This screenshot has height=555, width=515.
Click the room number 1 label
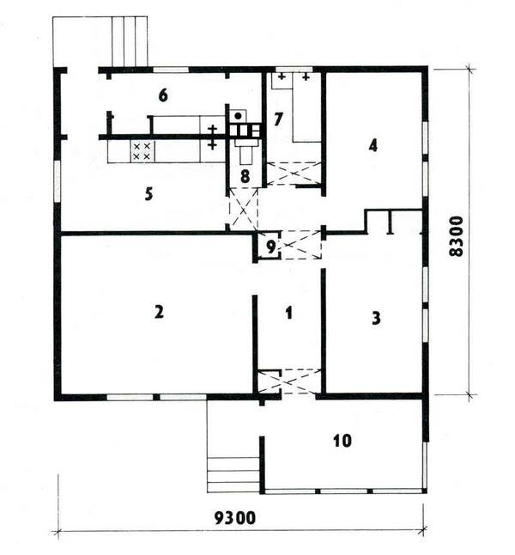point(289,314)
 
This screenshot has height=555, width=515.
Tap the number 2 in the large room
point(158,312)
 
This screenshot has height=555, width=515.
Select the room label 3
point(375,318)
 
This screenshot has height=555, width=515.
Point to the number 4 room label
point(373,145)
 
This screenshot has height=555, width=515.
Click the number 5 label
point(148,193)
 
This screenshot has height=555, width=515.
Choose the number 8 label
point(245,176)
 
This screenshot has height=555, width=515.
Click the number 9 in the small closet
point(270,247)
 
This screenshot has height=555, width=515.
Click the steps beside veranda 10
point(233,474)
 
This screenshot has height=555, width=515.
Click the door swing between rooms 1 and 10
point(289,381)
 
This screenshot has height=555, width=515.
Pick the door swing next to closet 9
point(300,244)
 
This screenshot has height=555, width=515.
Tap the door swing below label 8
point(244,207)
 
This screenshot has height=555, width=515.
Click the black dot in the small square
point(237,114)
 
